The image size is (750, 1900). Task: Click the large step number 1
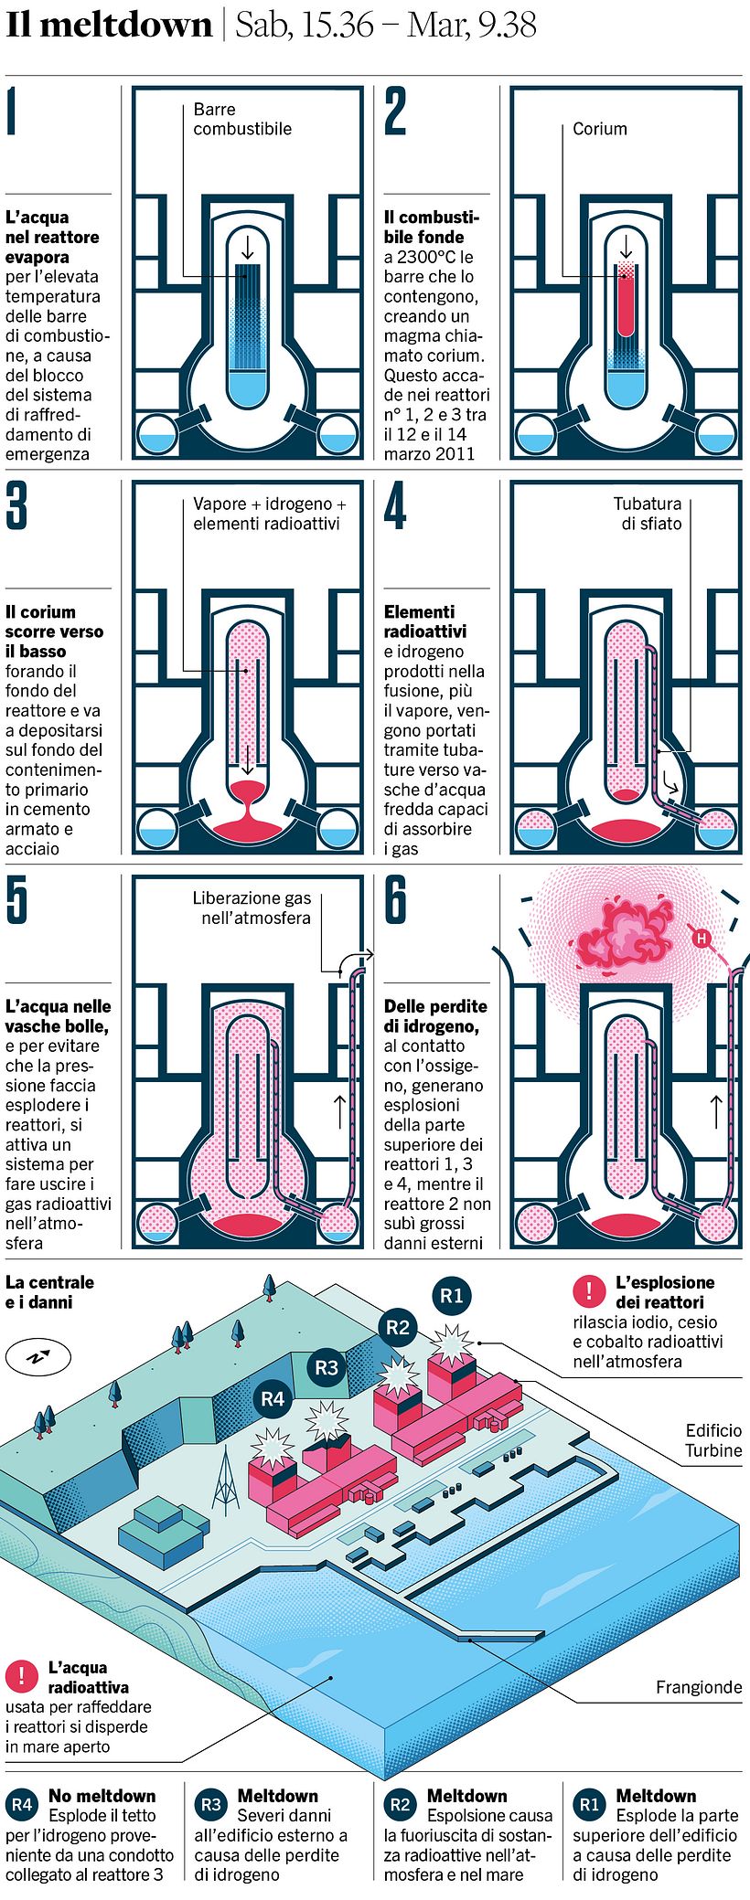click(x=11, y=111)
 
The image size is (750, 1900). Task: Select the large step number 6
click(x=396, y=900)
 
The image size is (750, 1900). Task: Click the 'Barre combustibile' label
click(x=241, y=119)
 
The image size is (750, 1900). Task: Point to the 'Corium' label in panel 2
click(x=599, y=129)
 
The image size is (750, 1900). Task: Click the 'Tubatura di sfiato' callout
click(x=648, y=513)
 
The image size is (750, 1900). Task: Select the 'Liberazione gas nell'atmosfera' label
click(x=252, y=908)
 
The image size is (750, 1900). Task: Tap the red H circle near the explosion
click(x=702, y=938)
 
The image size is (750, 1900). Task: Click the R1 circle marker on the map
click(x=452, y=1295)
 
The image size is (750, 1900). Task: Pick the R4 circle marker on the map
click(x=273, y=1398)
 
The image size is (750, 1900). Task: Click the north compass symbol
click(x=37, y=1357)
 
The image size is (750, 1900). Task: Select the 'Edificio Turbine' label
click(x=713, y=1440)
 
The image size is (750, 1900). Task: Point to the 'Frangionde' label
click(x=699, y=1687)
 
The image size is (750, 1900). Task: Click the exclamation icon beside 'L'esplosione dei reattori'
click(x=589, y=1290)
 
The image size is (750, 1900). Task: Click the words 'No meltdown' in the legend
click(x=102, y=1796)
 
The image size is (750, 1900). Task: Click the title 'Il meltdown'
click(x=109, y=26)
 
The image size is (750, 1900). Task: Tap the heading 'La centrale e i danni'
click(x=49, y=1291)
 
